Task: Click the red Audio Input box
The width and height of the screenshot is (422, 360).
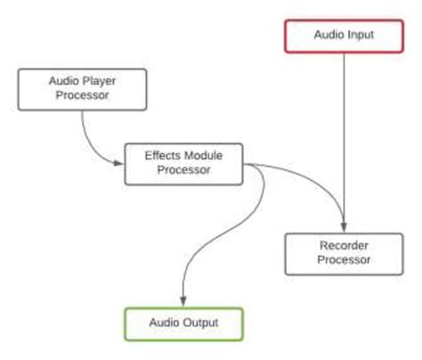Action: (344, 36)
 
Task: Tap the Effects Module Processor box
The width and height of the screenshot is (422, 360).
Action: (183, 162)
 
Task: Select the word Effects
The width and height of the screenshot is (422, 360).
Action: (163, 155)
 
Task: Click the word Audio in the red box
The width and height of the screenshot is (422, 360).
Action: (328, 36)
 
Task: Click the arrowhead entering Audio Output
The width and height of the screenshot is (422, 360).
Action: (183, 301)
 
